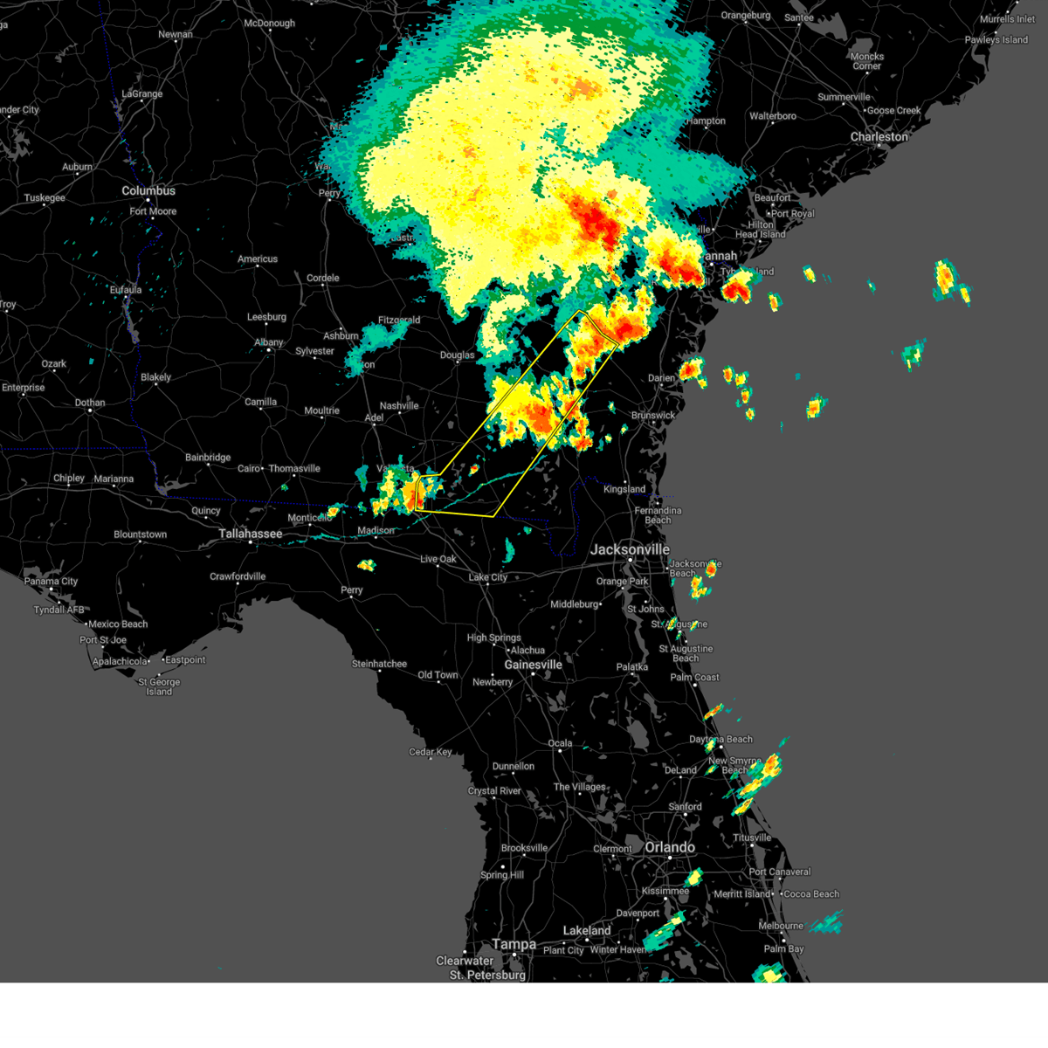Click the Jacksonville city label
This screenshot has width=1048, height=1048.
(x=630, y=549)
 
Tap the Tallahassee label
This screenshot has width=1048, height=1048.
(x=251, y=534)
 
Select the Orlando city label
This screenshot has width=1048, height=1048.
(x=670, y=848)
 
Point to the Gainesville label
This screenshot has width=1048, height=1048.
(x=533, y=665)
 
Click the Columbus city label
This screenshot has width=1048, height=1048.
(x=148, y=190)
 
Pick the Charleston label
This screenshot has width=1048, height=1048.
(x=879, y=137)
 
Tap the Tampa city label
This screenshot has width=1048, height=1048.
(x=514, y=944)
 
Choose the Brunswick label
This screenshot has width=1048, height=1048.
(x=652, y=416)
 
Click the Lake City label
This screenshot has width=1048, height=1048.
(x=487, y=577)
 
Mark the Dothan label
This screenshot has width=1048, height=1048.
(x=90, y=403)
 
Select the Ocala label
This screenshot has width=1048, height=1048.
(x=560, y=744)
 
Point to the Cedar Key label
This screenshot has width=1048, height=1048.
(x=431, y=752)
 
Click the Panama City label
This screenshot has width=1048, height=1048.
(x=52, y=582)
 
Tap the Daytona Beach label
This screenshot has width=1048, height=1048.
(x=720, y=740)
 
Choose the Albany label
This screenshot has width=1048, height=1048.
(x=269, y=342)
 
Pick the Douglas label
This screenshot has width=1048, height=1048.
(x=458, y=355)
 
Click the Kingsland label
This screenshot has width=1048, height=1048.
(x=624, y=489)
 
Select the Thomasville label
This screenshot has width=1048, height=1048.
(x=294, y=469)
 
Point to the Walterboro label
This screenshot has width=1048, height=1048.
(x=773, y=116)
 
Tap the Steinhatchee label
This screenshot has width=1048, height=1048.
(x=379, y=665)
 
